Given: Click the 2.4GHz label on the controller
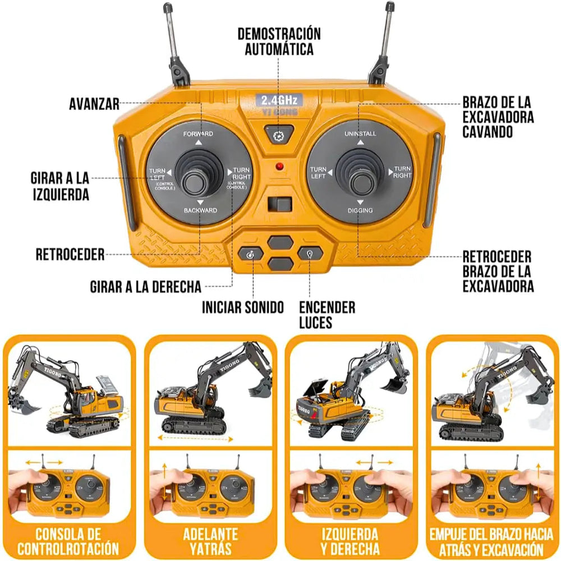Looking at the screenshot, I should pos(279,100).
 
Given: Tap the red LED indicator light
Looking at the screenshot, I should pos(279,167).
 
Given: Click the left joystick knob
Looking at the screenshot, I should pos(197,181).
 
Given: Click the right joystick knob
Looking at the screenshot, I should pos(360,181).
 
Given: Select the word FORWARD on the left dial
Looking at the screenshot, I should pos(198,134).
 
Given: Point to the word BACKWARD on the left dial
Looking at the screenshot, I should pos(200,210).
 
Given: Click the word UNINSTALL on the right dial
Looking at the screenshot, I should pos(360,134).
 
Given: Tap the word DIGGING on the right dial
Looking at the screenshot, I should pos(360,210).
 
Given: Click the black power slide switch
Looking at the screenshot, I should pos(279,205).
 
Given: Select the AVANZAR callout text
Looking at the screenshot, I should pos(94,104).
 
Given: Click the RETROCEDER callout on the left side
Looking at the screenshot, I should pos(70,255).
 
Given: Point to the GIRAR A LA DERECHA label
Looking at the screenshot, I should pos(145,287).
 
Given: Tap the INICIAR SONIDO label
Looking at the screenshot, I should pos(243,307).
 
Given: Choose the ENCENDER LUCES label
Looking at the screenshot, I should pos(327,315).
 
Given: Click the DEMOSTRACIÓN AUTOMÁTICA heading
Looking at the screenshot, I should pos(279,41).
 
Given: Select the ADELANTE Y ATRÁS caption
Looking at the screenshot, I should pos(210,541).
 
